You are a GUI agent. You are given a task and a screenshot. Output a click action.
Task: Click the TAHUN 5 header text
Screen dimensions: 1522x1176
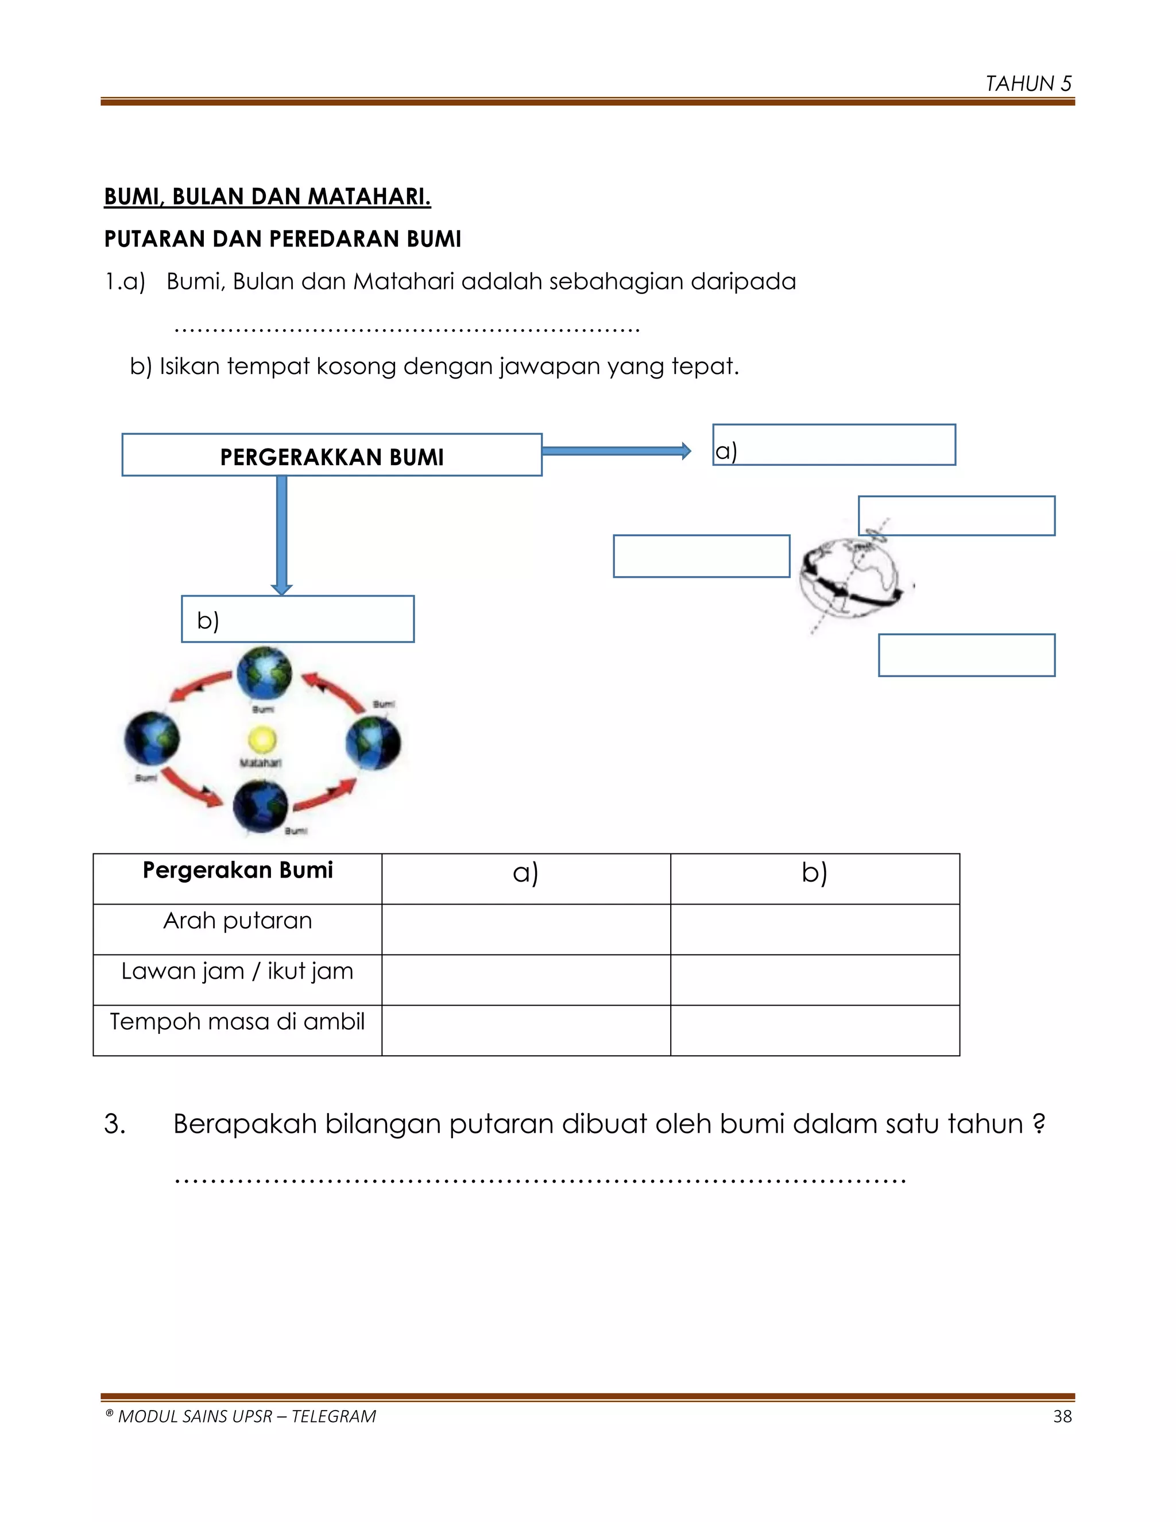pos(1028,84)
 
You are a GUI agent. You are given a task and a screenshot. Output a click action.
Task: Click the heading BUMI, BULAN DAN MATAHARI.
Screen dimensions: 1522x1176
pos(268,196)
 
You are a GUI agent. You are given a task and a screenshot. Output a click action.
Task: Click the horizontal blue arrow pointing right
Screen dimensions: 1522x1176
pos(616,451)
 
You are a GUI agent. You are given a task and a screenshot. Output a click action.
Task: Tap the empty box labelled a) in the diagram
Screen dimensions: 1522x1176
pos(834,445)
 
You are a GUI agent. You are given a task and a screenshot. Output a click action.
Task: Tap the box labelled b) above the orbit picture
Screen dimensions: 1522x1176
pos(297,619)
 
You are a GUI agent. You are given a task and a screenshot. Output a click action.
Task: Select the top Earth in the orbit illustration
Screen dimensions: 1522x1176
pos(264,673)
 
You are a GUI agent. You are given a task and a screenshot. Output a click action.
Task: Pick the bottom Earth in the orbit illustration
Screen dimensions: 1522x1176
pos(261,806)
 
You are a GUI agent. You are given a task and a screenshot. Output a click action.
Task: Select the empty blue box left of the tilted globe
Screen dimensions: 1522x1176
pos(701,556)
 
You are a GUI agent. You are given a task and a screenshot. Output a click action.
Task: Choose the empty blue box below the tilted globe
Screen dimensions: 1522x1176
pos(966,655)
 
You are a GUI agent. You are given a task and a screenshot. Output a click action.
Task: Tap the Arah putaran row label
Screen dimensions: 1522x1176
pos(238,921)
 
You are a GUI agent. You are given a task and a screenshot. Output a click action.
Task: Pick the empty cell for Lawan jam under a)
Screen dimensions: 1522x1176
pos(526,979)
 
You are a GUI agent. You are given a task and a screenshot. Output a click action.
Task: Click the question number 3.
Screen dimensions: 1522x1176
pos(114,1124)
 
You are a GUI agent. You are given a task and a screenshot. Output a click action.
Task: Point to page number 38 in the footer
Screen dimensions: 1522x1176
pos(1062,1416)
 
